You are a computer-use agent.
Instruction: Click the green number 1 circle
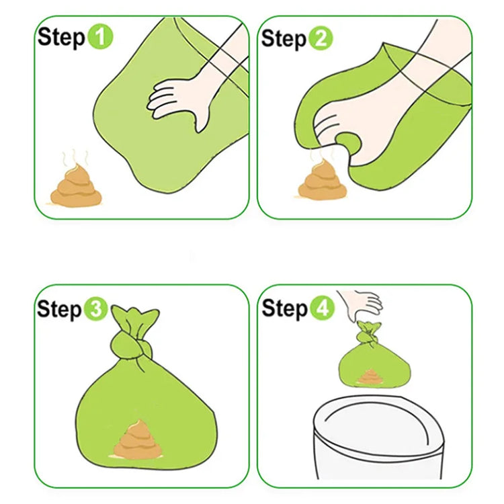pos(100,37)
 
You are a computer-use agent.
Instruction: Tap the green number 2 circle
pos(321,38)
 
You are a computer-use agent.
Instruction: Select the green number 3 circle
pos(95,308)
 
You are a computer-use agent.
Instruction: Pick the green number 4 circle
pos(322,308)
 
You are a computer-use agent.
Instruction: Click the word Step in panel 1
pos(61,37)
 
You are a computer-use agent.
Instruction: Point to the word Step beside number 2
pos(284,39)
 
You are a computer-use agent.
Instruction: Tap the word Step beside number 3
pos(59,309)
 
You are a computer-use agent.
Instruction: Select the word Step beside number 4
pos(285,308)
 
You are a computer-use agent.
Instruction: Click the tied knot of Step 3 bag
pos(131,347)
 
